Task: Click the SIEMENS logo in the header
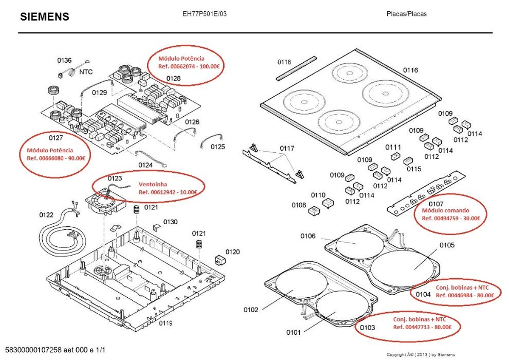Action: click(45, 17)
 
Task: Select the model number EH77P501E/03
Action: click(204, 14)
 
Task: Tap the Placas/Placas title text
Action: click(406, 14)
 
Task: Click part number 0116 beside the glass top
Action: click(410, 70)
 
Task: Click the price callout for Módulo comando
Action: click(451, 214)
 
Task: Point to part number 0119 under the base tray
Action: click(166, 323)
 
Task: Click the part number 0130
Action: click(171, 222)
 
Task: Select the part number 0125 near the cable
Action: click(217, 147)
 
